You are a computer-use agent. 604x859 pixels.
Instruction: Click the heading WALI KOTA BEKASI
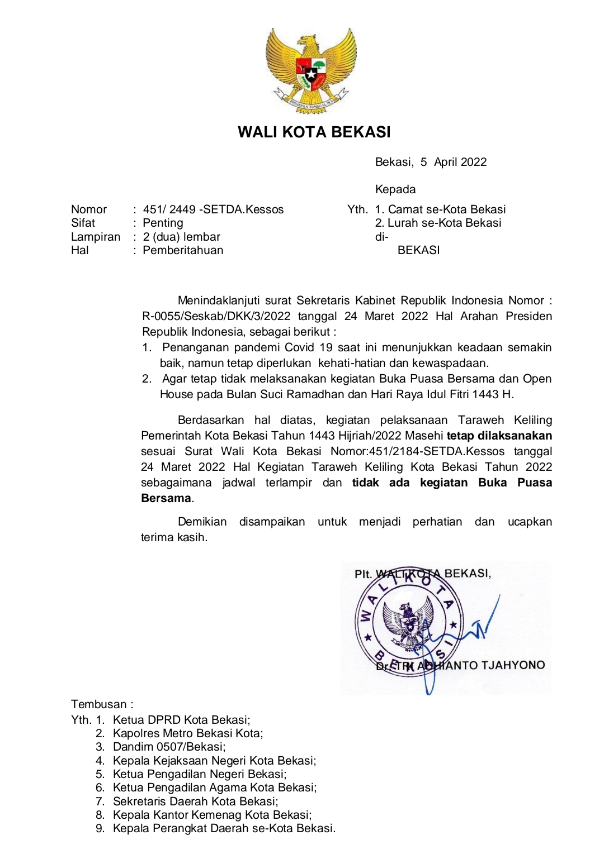coord(314,132)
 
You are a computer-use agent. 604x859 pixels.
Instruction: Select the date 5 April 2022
coord(454,162)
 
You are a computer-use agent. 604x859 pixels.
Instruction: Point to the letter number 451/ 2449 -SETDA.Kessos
coord(213,209)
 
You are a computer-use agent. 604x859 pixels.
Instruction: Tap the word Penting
coord(163,223)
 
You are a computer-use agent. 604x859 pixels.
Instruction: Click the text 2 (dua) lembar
coord(181,237)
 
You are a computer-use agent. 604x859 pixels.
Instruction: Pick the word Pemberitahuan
coord(183,250)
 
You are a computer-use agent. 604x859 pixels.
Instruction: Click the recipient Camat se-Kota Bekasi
coord(446,209)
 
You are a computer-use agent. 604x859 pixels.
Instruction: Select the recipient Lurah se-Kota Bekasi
coord(444,223)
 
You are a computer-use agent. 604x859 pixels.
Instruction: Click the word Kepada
coord(395,189)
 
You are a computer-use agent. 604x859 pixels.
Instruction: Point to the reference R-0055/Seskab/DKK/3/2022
coord(216,316)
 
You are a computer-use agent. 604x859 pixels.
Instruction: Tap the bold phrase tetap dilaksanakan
coord(499,436)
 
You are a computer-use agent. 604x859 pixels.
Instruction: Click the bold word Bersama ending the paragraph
coord(166,498)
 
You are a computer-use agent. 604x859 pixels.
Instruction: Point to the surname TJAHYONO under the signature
coord(513,665)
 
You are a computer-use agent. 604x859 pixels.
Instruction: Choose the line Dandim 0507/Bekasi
coord(169,747)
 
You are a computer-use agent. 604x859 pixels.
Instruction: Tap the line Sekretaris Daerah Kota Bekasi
coord(195,801)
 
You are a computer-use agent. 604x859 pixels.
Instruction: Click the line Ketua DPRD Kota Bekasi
coord(181,720)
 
